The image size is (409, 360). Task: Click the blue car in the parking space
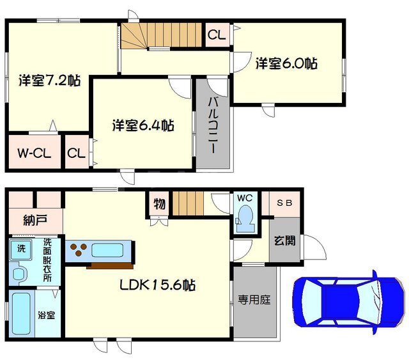[349, 302]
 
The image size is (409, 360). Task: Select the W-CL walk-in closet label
[34, 153]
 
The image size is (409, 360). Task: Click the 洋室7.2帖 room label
[49, 80]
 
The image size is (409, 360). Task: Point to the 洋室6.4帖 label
[143, 125]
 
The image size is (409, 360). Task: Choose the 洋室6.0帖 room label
[286, 63]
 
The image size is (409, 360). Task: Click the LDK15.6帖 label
[158, 285]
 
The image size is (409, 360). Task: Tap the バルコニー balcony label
[213, 125]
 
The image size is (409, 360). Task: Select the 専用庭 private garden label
[254, 300]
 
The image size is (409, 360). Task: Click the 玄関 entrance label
[284, 240]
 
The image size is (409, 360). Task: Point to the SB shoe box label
[284, 203]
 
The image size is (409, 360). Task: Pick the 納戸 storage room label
[35, 220]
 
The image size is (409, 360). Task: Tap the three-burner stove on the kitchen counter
[79, 249]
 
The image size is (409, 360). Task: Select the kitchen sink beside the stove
[107, 251]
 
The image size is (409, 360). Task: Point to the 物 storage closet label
[159, 204]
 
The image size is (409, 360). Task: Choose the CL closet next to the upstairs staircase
[217, 35]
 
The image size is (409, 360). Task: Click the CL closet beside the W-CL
[76, 153]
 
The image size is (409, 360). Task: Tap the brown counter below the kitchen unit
[110, 266]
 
